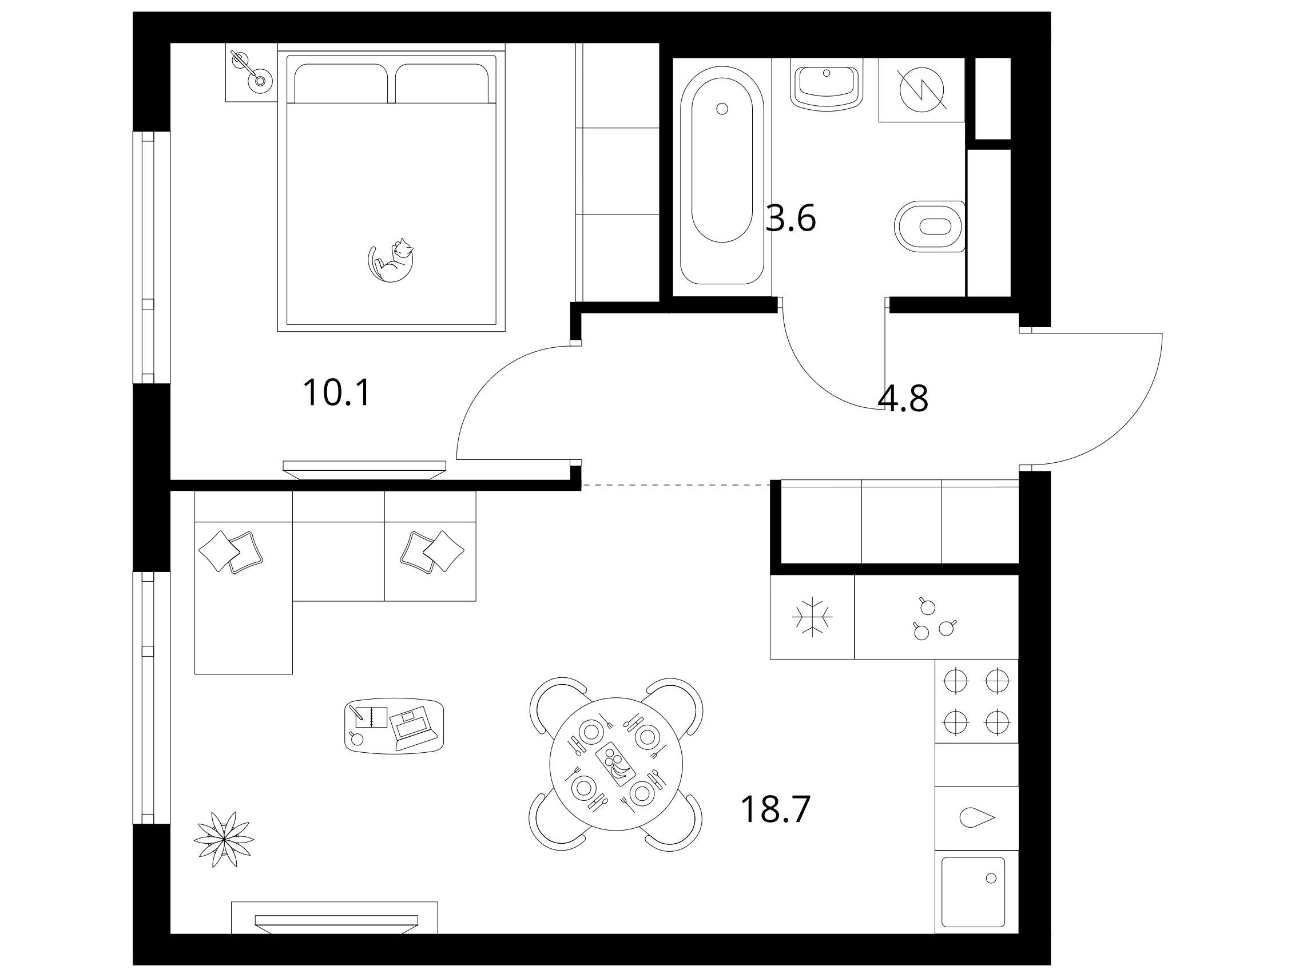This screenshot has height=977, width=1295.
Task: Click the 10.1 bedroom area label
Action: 337,392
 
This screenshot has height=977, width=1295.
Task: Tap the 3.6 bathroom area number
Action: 790,219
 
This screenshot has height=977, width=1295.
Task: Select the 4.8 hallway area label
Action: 903,399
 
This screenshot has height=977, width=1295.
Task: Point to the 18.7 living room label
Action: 776,809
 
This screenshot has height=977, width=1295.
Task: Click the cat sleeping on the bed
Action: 391,260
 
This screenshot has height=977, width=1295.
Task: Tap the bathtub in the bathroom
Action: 722,175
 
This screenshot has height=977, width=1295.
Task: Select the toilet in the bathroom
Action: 929,227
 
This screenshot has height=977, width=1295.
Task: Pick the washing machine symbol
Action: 921,90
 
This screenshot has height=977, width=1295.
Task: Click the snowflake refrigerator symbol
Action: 813,617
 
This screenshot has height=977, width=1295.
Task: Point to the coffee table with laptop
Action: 394,726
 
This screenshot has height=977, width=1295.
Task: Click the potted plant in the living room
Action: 224,840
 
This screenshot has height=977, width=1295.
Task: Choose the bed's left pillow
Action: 341,82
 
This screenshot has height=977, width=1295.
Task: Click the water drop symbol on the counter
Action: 977,818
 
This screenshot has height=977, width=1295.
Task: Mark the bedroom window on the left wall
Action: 147,257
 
